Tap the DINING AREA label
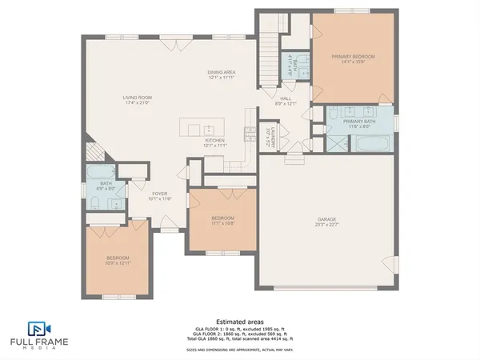point(222,73)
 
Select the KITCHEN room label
point(214,140)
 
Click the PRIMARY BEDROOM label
point(354,57)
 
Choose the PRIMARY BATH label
point(360,120)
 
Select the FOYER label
point(159,193)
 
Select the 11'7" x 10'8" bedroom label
point(222,218)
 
